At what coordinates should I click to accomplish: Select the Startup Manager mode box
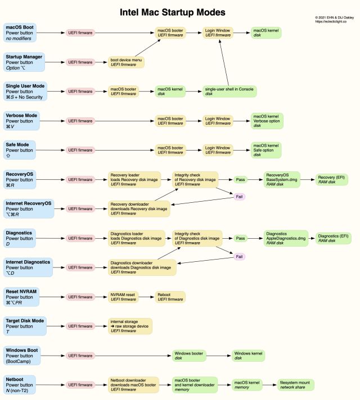pos(23,61)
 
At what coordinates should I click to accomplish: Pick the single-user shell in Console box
pos(225,91)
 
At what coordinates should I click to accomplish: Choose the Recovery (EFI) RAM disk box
pos(333,179)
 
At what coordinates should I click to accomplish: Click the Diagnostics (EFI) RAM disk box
pos(334,238)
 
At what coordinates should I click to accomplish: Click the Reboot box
pos(170,297)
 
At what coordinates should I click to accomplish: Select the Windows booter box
pos(189,356)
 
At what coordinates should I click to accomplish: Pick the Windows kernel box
pos(248,356)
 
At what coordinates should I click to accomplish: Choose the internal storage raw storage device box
pos(130,326)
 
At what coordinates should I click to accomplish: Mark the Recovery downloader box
pos(141,208)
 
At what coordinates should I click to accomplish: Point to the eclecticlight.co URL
pos(334,22)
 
